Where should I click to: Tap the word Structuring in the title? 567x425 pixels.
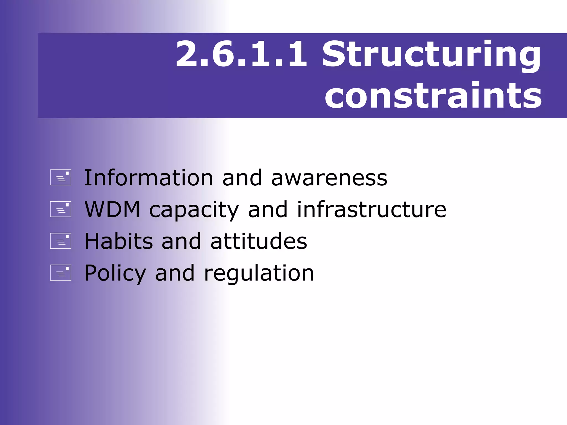point(431,55)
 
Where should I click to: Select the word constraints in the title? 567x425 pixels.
point(433,96)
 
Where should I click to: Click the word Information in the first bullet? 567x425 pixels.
point(148,178)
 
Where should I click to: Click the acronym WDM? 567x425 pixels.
point(112,209)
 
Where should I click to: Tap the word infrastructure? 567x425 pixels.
point(372,209)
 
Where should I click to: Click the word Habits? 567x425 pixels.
point(118,241)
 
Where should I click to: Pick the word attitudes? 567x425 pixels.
point(259,241)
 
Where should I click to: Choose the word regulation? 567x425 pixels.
point(259,274)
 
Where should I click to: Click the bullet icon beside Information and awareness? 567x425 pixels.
point(61,177)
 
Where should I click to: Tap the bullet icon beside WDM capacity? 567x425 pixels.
point(61,209)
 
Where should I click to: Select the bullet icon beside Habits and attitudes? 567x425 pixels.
point(61,241)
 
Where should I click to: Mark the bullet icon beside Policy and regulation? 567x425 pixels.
point(61,273)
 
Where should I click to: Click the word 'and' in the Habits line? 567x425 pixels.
point(181,241)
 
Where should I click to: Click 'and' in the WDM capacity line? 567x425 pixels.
point(268,209)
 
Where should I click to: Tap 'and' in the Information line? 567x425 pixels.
point(242,178)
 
